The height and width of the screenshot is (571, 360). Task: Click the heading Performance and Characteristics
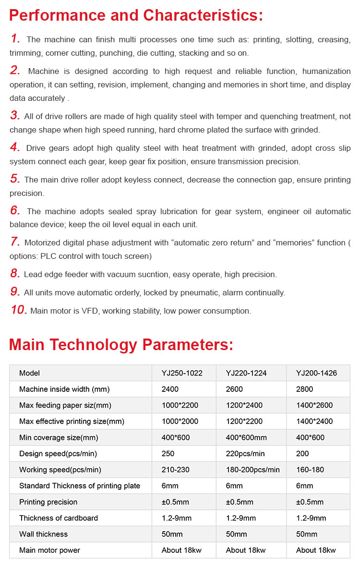click(x=136, y=15)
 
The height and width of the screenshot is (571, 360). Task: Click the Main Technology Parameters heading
click(x=121, y=344)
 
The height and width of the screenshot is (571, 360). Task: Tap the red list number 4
click(x=15, y=147)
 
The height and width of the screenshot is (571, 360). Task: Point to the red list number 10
click(x=19, y=310)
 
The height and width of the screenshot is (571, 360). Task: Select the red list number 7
click(x=15, y=242)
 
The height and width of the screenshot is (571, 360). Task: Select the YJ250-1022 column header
click(x=182, y=373)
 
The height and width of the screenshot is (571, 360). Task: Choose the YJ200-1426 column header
click(x=316, y=373)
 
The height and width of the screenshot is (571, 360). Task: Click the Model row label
click(x=29, y=373)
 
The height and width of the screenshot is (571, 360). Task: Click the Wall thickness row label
click(x=43, y=534)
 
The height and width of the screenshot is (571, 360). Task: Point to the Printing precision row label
click(x=48, y=502)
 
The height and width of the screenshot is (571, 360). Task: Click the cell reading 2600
click(x=234, y=389)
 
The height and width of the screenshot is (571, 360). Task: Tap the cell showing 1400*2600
click(x=314, y=405)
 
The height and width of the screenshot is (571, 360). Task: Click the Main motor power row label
click(x=49, y=550)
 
